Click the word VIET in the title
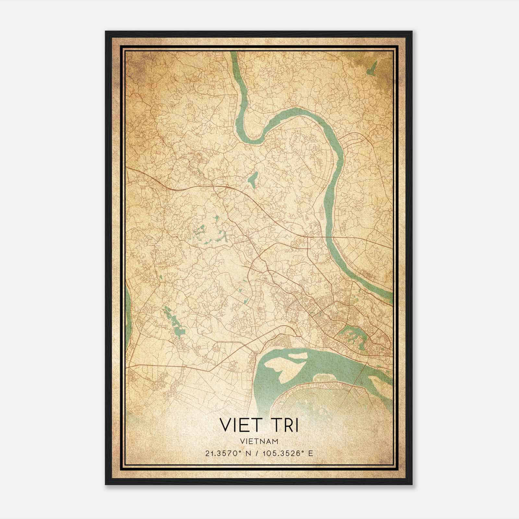(239, 425)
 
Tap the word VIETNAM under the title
(259, 441)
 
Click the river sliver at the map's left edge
(128, 311)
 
